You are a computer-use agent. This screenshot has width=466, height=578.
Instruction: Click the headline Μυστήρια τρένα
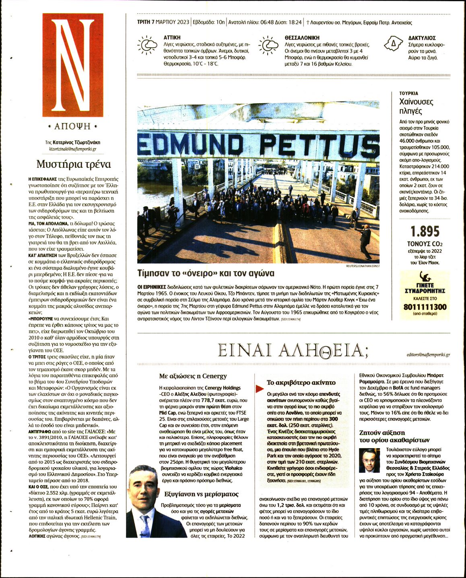click(73, 164)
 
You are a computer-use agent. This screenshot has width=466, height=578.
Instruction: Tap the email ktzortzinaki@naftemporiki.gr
click(72, 149)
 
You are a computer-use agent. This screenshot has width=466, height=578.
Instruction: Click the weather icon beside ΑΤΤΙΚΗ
click(147, 45)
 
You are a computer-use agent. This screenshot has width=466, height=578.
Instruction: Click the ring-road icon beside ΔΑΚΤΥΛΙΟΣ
click(393, 44)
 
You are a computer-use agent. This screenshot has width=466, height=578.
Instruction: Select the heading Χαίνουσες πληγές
click(416, 106)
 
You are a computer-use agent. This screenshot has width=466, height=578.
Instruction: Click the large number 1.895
click(425, 231)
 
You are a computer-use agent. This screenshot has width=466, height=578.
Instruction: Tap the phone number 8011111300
click(425, 307)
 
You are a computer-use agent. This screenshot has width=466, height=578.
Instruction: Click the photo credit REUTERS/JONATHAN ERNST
click(362, 266)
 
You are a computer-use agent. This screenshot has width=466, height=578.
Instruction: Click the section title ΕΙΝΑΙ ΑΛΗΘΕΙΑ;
click(293, 351)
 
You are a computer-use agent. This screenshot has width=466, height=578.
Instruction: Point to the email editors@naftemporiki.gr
click(428, 355)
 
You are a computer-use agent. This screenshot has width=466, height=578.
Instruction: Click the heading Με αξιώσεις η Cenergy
click(193, 376)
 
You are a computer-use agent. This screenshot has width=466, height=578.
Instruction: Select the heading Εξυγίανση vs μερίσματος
click(201, 494)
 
